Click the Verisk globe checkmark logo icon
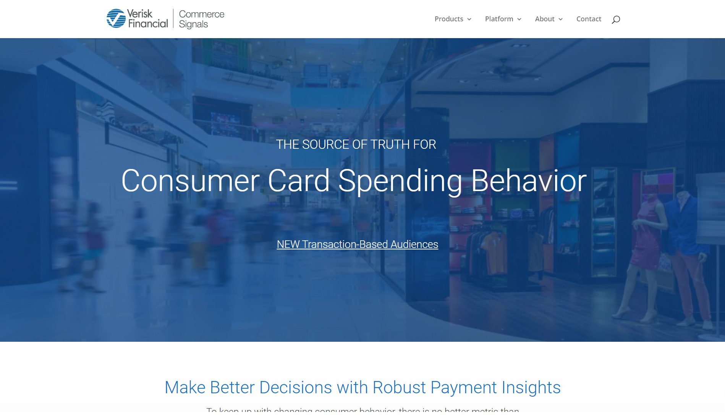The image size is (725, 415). (x=116, y=18)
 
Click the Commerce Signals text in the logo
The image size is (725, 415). (x=201, y=19)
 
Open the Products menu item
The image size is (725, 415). (x=449, y=19)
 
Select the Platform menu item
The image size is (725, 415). (x=499, y=19)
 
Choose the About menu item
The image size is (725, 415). (x=544, y=19)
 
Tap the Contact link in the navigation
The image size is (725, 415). (x=589, y=19)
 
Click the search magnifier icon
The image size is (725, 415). (x=616, y=19)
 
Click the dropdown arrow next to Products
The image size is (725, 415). (x=469, y=19)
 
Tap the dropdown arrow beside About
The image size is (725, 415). (x=560, y=19)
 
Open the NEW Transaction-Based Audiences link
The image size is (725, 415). (x=357, y=244)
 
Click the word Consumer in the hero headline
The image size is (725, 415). (x=191, y=181)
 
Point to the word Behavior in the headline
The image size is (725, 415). (x=529, y=181)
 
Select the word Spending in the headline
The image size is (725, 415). (x=400, y=181)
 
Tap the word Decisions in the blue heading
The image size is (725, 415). (x=295, y=388)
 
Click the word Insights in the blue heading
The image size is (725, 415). (x=531, y=388)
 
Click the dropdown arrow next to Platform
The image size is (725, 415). (x=519, y=19)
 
